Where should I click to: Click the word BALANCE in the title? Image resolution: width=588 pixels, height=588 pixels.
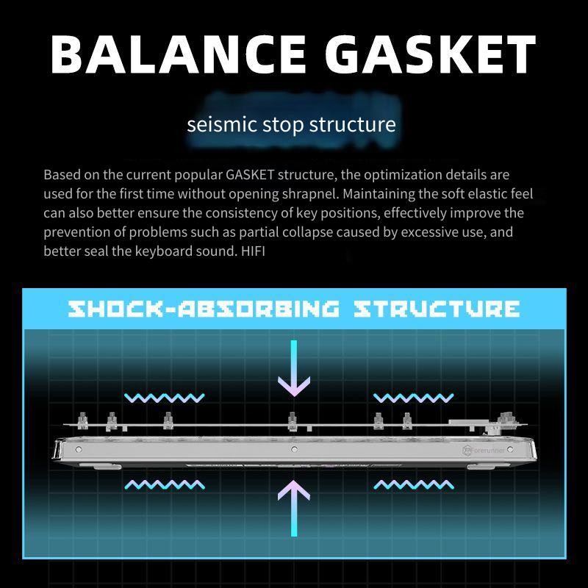178,54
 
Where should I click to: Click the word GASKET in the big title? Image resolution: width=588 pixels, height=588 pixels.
431,54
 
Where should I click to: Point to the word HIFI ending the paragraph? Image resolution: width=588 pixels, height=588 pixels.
253,251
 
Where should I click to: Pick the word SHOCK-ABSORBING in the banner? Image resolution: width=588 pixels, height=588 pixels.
204,309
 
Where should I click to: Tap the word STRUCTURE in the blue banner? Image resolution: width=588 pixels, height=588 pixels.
437,309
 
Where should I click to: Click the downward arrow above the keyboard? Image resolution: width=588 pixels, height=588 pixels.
294,367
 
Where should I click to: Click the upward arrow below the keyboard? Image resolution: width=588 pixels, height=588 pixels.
294,508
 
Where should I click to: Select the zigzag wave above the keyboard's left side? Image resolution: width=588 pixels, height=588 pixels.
164,398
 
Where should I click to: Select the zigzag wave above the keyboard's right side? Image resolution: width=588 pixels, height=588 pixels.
413,398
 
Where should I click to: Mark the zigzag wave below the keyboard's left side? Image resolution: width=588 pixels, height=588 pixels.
164,485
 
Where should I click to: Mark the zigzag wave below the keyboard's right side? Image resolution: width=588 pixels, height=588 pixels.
413,485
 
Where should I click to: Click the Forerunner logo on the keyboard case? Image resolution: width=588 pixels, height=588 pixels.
484,450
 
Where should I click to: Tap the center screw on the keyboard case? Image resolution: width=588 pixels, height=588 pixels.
295,449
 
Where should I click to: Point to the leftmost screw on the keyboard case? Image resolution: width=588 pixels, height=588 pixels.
79,449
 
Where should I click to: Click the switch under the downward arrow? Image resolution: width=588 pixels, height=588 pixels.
293,421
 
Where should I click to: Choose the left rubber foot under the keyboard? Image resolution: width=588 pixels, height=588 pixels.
107,467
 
